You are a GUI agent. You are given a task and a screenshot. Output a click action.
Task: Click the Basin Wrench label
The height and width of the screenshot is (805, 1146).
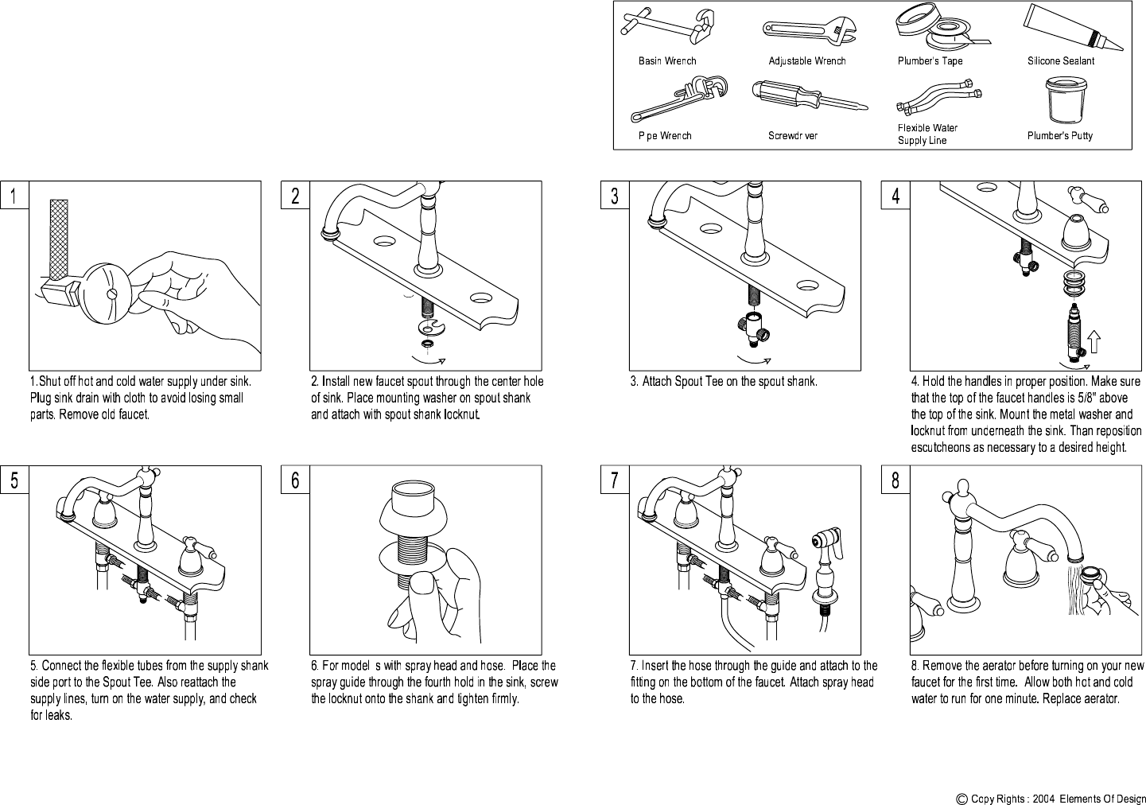(x=667, y=61)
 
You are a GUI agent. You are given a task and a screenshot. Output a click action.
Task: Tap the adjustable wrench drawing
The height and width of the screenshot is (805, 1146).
(x=808, y=33)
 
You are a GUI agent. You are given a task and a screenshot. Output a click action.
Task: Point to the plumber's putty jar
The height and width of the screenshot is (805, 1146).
(x=1065, y=100)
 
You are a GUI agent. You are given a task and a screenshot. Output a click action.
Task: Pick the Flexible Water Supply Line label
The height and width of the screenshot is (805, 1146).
(x=927, y=134)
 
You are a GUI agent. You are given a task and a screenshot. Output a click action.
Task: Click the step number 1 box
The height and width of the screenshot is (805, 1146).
(x=14, y=195)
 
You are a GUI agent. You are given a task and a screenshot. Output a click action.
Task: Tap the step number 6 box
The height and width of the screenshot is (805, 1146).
(x=295, y=480)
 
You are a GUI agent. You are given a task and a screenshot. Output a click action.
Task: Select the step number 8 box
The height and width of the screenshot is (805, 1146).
(x=895, y=480)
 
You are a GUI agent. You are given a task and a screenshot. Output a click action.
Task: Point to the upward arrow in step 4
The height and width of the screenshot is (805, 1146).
(x=1094, y=342)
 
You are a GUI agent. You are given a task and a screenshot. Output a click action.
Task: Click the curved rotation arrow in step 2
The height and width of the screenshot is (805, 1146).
(x=429, y=360)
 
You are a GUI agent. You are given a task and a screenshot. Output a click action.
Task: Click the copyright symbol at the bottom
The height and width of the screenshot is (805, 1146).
(x=961, y=799)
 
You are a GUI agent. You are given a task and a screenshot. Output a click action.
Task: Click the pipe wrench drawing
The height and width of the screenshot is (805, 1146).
(x=678, y=99)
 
